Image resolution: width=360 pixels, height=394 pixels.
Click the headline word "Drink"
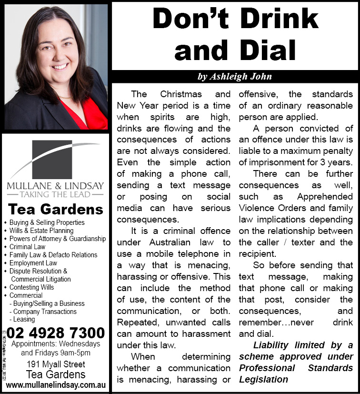click(x=280, y=19)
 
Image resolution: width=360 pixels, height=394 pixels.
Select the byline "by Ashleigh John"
click(x=234, y=77)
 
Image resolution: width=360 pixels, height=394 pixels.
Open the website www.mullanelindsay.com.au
click(x=56, y=384)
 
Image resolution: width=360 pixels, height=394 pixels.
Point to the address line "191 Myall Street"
click(x=56, y=364)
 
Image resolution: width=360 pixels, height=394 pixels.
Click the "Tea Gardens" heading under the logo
click(x=56, y=209)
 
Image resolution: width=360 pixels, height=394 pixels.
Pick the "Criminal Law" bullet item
click(x=27, y=247)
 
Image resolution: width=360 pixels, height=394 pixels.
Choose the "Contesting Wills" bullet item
click(x=32, y=287)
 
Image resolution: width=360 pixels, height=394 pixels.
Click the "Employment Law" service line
click(x=33, y=263)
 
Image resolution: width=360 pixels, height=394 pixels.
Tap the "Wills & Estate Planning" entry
click(x=41, y=231)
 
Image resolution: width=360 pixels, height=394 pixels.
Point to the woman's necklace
click(x=64, y=97)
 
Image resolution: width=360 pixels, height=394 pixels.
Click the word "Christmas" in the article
click(x=180, y=94)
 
